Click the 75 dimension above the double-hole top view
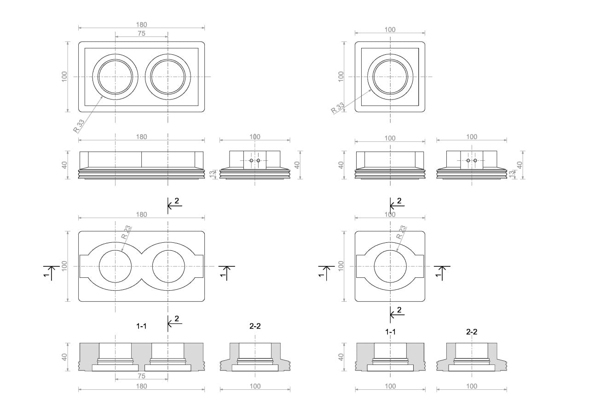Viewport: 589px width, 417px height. point(141,33)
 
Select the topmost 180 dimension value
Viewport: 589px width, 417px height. point(141,24)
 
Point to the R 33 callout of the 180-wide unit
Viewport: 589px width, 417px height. point(79,125)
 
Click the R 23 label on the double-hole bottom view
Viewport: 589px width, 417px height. point(126,232)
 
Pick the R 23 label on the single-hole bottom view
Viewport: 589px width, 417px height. point(402,232)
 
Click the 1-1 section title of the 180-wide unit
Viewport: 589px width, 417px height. point(141,326)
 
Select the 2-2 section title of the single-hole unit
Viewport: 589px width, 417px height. point(472,332)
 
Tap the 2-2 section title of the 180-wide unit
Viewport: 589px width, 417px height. point(255,326)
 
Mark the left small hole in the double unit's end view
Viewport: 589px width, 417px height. point(251,160)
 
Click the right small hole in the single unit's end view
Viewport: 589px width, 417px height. point(475,160)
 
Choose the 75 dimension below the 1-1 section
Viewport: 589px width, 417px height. point(141,376)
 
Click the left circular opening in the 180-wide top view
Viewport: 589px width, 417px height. point(115,76)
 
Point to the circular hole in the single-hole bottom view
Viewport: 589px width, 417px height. point(390,266)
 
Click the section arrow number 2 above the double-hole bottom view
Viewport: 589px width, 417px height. point(177,201)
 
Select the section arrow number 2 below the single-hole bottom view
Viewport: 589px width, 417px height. point(399,310)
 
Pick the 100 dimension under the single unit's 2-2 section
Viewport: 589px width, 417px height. point(472,386)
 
